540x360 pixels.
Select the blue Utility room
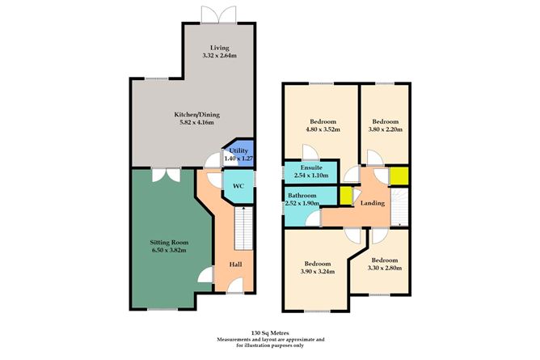(x=238, y=155)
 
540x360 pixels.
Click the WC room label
(x=238, y=186)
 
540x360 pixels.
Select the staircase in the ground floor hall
(x=241, y=228)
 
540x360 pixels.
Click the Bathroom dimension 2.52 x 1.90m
(x=302, y=203)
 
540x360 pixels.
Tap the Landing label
(x=373, y=202)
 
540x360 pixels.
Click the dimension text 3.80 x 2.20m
(x=386, y=129)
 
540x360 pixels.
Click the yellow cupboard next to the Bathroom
(x=345, y=196)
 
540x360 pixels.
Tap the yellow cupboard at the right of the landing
(x=399, y=176)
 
